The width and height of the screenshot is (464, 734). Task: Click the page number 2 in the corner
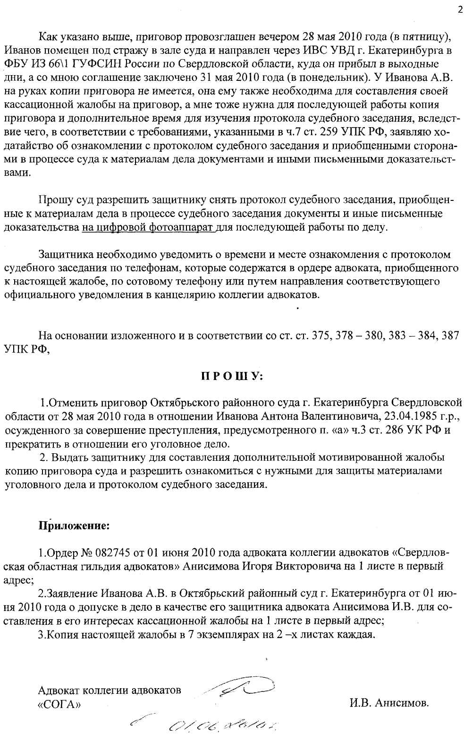[460, 11]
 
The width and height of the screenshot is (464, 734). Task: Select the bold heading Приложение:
[74, 525]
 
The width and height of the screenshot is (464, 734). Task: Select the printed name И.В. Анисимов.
[389, 703]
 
